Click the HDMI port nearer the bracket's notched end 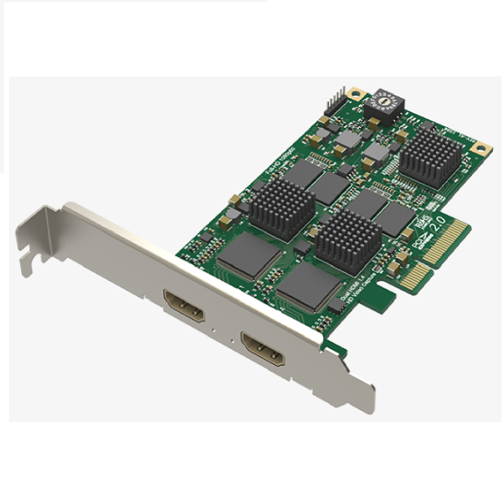tap(183, 306)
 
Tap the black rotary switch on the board tap(386, 103)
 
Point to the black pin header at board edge tap(335, 100)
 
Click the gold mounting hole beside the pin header tap(357, 93)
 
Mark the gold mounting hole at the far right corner tap(480, 147)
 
